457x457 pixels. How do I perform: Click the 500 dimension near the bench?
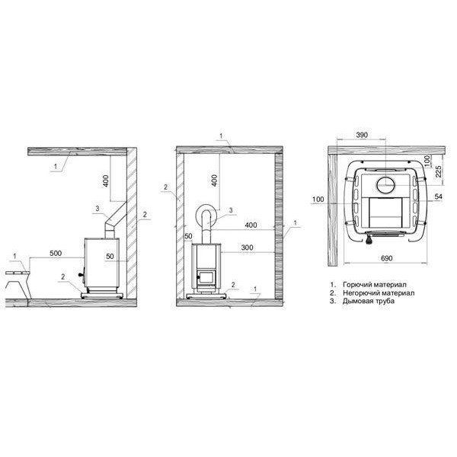[x=56, y=254]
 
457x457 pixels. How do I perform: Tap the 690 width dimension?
[x=386, y=258]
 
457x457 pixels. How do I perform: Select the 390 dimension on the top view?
[x=362, y=135]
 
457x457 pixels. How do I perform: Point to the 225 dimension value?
[x=439, y=171]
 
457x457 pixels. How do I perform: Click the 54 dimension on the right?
[x=439, y=197]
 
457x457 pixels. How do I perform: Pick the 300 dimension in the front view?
[x=247, y=248]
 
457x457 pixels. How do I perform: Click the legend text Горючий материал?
[x=375, y=284]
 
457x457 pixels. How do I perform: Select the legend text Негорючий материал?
[x=379, y=292]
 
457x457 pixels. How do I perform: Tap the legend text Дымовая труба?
[x=369, y=301]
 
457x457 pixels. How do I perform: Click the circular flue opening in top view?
[x=386, y=185]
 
